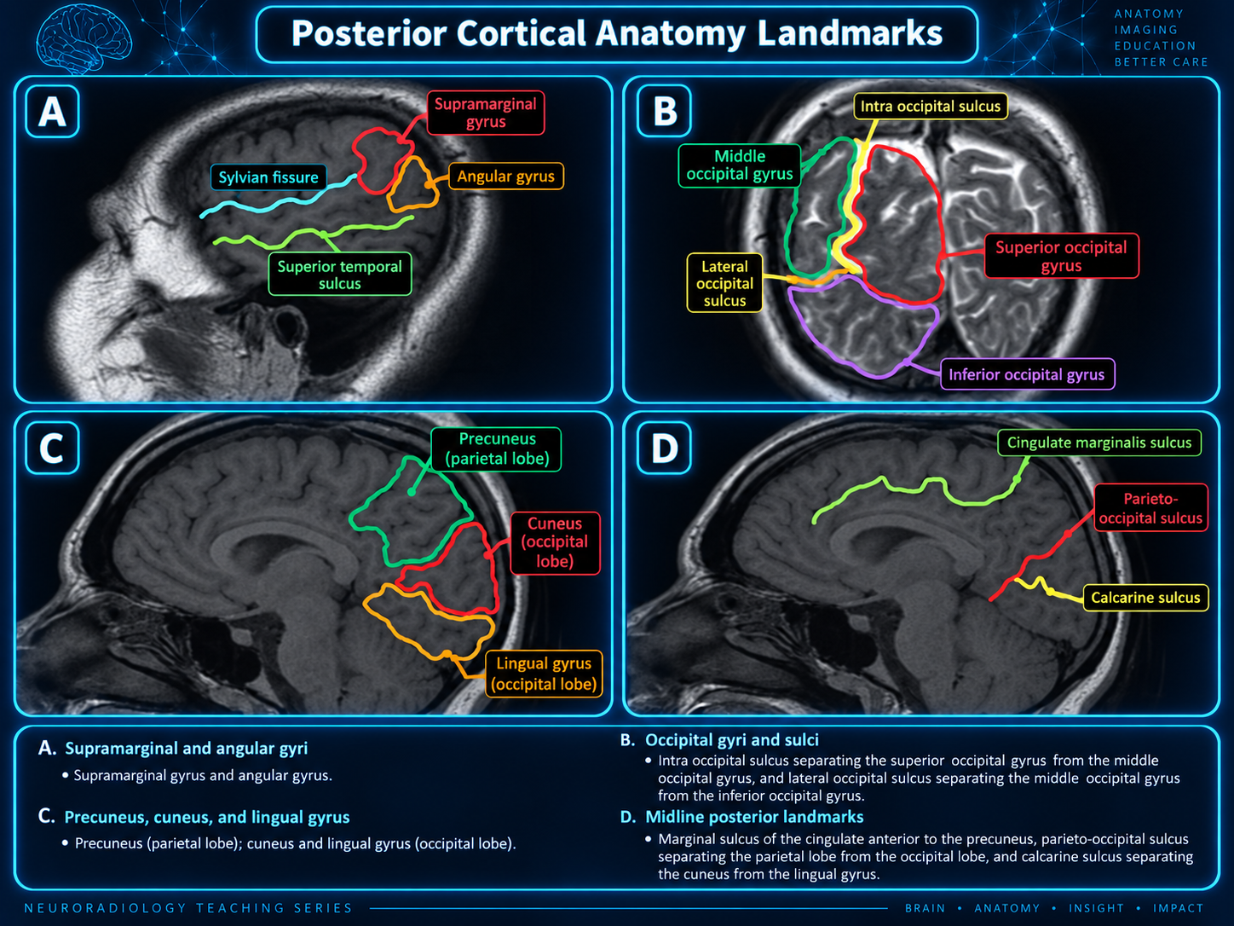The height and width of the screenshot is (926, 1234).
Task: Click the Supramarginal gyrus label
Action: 486,113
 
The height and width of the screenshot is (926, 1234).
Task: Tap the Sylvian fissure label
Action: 268,177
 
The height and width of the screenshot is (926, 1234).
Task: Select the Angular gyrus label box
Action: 506,177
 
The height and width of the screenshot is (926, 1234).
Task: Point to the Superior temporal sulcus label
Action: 339,275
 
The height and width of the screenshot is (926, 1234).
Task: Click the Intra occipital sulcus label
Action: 931,107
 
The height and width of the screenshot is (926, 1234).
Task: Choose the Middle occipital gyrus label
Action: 739,165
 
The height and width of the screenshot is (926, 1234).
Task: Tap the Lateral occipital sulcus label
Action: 724,283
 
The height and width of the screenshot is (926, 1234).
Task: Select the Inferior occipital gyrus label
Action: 1027,374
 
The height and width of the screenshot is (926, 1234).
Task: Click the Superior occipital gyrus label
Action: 1061,256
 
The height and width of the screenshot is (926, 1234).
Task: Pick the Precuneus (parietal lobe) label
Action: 497,449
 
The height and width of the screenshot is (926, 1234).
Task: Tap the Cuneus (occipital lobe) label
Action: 555,542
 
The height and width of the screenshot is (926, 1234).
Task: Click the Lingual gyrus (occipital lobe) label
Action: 544,674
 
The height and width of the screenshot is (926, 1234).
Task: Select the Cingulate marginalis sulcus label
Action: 1099,443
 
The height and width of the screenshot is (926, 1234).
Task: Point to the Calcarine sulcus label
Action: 1145,597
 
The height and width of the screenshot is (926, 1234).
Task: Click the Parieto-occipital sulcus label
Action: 1150,507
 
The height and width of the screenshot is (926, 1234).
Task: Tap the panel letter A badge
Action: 52,112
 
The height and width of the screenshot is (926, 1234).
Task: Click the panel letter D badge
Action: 664,449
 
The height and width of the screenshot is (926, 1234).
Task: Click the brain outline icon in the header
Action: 84,38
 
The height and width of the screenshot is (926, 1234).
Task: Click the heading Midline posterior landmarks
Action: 754,816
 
